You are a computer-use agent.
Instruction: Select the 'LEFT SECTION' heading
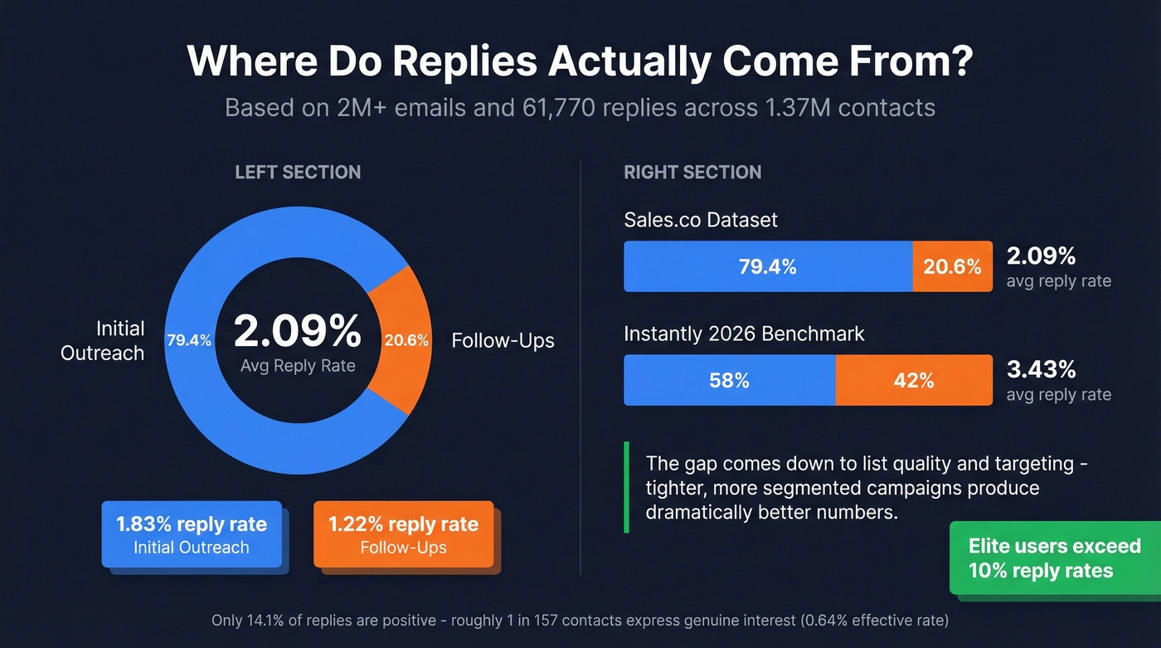[x=298, y=173]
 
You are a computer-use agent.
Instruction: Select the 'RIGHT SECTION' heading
[x=692, y=173]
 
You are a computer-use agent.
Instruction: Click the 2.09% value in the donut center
[x=297, y=332]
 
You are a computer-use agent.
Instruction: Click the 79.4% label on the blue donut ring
[x=189, y=340]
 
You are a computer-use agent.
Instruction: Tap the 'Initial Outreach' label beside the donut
[x=103, y=340]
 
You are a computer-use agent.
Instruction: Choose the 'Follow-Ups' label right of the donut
[x=503, y=341]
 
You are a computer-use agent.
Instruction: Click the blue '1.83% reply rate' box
[x=192, y=534]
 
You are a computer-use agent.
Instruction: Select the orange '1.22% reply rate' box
[x=403, y=534]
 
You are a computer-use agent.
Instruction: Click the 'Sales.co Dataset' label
[x=701, y=220]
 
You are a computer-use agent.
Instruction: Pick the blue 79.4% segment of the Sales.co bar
[x=768, y=266]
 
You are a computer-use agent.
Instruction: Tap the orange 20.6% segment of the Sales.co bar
[x=952, y=266]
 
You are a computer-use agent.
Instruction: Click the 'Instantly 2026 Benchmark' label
[x=744, y=334]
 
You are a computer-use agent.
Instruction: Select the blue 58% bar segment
[x=729, y=380]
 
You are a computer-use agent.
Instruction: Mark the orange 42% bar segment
[x=913, y=380]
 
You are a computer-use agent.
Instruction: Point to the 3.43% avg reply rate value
[x=1042, y=369]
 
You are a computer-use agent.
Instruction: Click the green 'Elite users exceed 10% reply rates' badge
[x=1054, y=558]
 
